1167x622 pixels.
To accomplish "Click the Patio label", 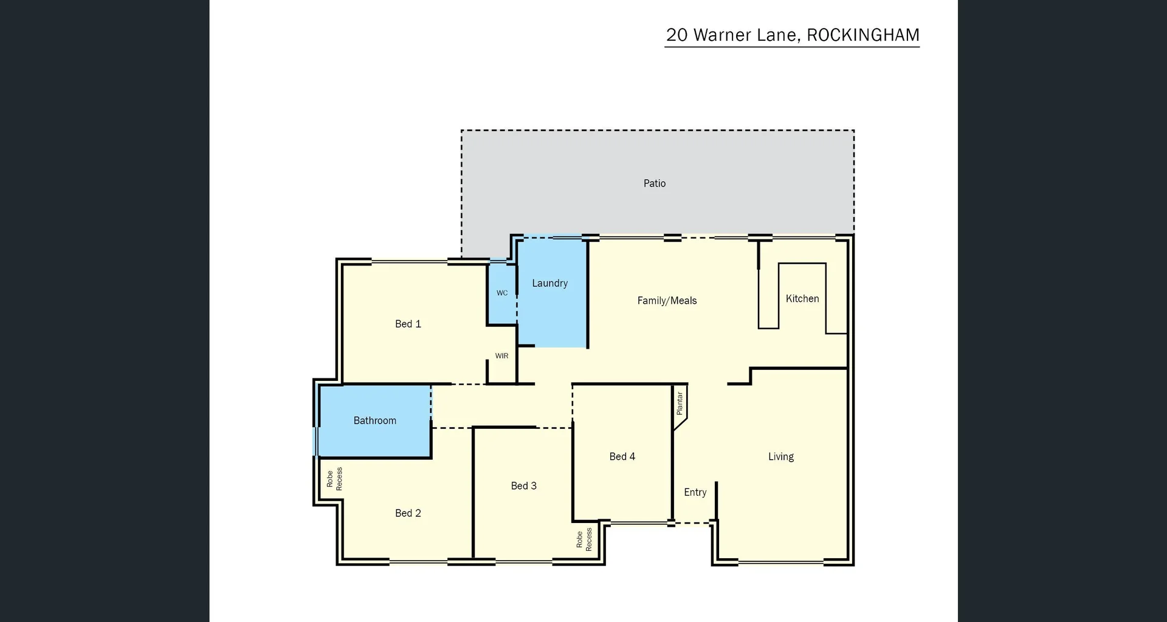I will (654, 183).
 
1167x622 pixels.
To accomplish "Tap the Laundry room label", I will (549, 283).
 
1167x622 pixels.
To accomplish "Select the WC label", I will (502, 293).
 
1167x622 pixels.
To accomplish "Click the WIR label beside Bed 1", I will (501, 356).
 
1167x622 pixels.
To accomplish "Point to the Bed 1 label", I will (408, 324).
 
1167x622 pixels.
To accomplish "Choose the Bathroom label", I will (374, 420).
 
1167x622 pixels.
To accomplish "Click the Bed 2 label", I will (408, 513).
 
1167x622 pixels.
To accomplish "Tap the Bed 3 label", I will (523, 485).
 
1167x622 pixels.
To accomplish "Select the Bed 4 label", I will (622, 456).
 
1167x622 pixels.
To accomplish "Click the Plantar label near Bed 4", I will (680, 403).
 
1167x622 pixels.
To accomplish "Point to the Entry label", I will (695, 492).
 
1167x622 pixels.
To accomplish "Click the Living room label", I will (780, 456).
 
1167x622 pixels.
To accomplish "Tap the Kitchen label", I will (802, 298).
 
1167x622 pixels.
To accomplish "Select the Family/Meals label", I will (667, 300).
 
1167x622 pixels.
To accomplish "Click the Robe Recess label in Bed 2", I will (334, 479).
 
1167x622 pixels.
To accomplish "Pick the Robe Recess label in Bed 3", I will (583, 539).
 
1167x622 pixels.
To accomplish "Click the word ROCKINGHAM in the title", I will (862, 35).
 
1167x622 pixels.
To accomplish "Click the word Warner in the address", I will (722, 35).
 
